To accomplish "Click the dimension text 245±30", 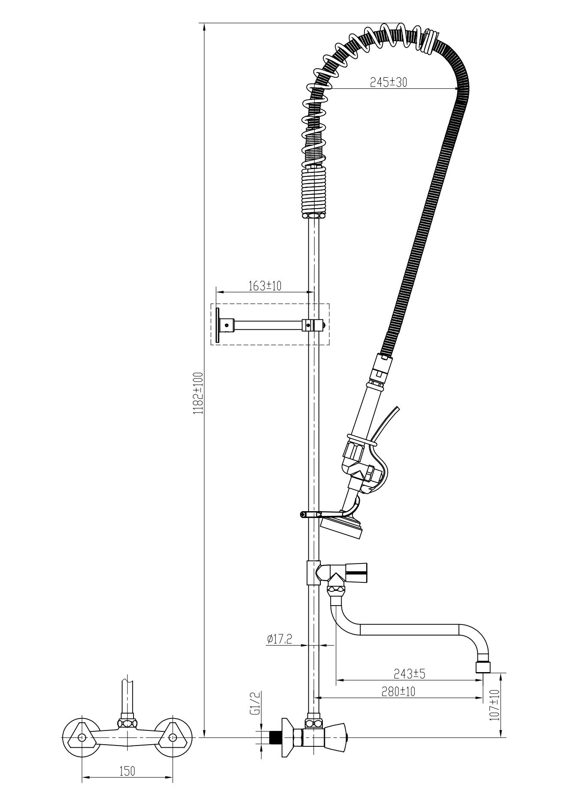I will (388, 82).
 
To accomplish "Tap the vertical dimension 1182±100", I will (197, 393).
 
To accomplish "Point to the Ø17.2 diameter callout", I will (279, 639).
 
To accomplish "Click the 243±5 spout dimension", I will (409, 674).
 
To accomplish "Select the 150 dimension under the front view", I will (127, 771).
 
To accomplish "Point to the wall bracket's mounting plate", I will (218, 325).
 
